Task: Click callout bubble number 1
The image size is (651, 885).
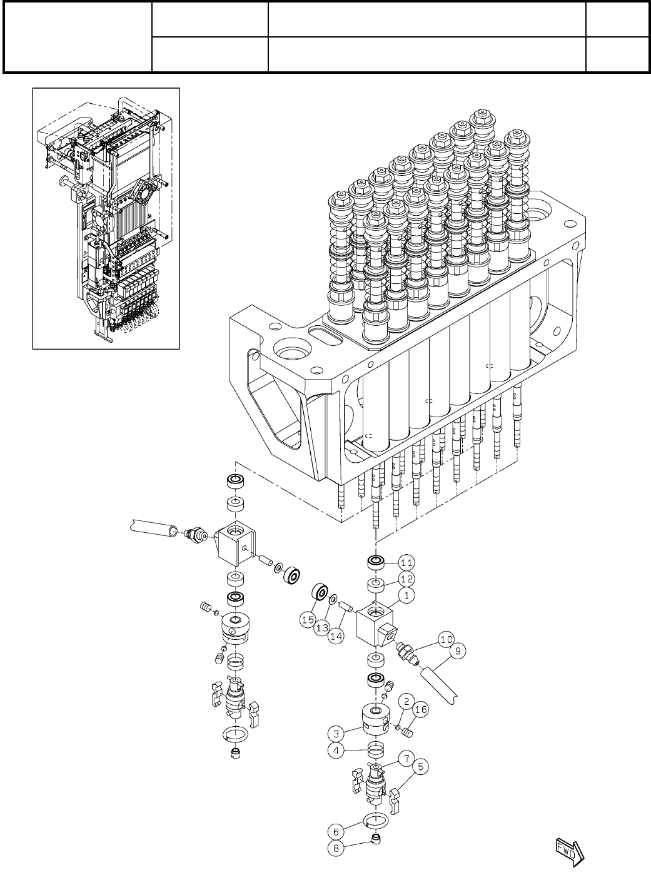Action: pyautogui.click(x=406, y=596)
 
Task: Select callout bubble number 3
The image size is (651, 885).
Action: pyautogui.click(x=336, y=732)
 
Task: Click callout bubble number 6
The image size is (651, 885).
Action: pyautogui.click(x=336, y=832)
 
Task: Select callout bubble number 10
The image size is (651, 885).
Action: pyautogui.click(x=445, y=639)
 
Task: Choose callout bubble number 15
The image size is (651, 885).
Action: pyautogui.click(x=306, y=620)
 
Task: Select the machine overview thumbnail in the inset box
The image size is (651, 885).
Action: pyautogui.click(x=106, y=218)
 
